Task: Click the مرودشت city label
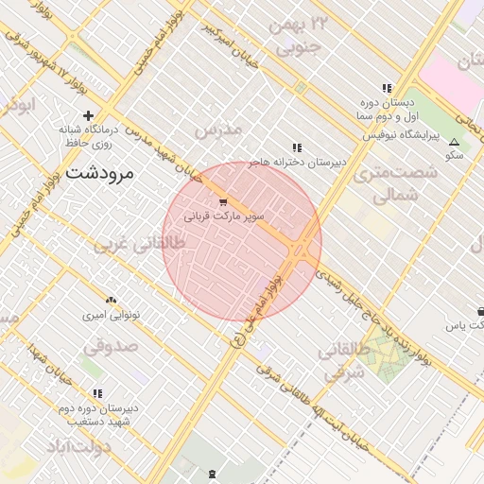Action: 100,173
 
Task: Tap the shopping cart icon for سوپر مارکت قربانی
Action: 223,201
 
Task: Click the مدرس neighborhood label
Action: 218,128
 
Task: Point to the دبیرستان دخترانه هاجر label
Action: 297,163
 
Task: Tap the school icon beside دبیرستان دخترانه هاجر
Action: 298,147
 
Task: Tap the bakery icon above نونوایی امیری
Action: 111,300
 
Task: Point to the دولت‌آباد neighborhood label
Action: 91,445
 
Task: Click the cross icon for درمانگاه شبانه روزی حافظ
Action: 88,115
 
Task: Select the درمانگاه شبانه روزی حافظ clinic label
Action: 87,135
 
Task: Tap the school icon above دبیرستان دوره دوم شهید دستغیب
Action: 97,393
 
